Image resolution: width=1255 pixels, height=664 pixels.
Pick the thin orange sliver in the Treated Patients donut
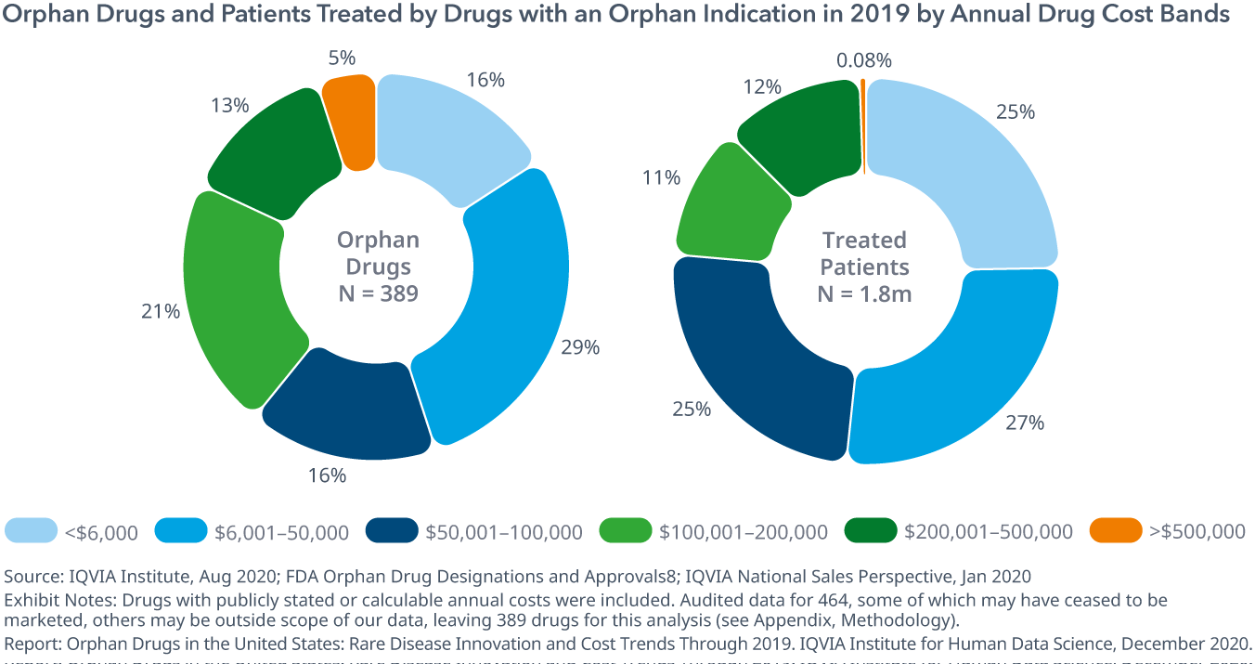863,121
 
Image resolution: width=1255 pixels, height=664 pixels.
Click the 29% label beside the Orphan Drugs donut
580,348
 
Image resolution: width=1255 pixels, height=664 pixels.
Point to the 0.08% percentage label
863,61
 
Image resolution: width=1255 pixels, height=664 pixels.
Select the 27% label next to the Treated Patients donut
1025,423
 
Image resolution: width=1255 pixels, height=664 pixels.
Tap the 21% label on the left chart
161,312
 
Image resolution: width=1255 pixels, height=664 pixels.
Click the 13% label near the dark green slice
230,105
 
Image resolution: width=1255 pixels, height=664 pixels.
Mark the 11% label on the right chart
661,176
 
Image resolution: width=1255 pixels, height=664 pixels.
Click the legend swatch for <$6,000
32,530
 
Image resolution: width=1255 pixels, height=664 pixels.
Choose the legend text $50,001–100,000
504,532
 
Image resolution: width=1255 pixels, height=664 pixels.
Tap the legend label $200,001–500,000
989,532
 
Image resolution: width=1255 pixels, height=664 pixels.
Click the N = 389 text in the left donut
377,294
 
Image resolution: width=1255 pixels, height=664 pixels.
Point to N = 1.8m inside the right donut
863,294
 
